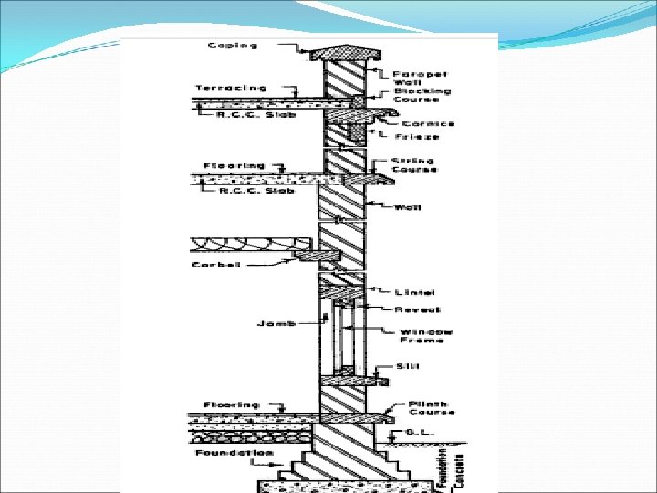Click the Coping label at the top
(232, 44)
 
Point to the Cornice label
(425, 122)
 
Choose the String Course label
(414, 165)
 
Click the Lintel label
(415, 293)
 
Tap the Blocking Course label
(415, 97)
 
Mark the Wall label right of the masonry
(406, 207)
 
